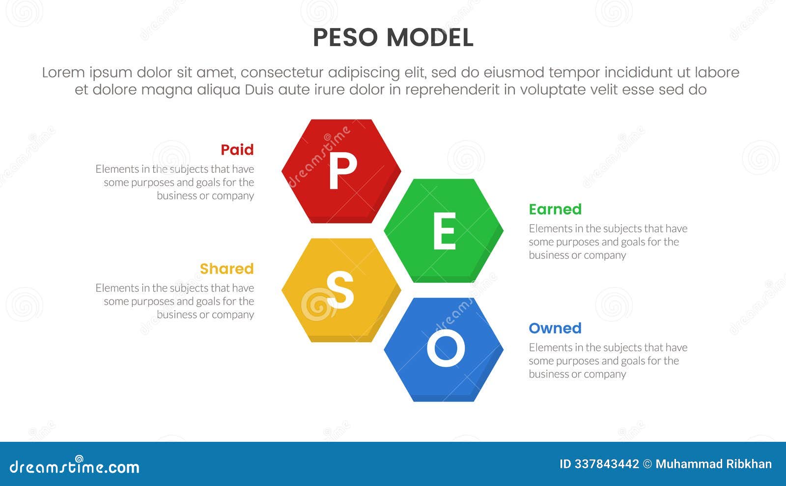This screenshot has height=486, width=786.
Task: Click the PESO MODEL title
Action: tap(393, 38)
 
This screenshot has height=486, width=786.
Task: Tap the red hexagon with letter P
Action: tap(341, 171)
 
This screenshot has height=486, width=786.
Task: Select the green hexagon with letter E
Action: tap(444, 230)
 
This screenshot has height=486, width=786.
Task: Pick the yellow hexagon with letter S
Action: tap(341, 290)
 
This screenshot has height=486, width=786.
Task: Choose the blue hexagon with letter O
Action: tap(444, 349)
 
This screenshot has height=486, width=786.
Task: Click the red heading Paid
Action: tap(237, 150)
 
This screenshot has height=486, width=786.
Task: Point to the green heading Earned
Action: tap(555, 209)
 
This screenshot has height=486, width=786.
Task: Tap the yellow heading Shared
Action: tap(226, 269)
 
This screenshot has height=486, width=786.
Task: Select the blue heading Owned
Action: tap(555, 328)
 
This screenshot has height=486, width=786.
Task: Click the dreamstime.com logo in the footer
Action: tap(74, 466)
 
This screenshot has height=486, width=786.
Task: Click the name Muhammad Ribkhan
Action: tap(713, 464)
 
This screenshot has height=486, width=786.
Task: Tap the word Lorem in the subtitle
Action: tap(63, 72)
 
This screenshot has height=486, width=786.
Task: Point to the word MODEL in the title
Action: tap(430, 38)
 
